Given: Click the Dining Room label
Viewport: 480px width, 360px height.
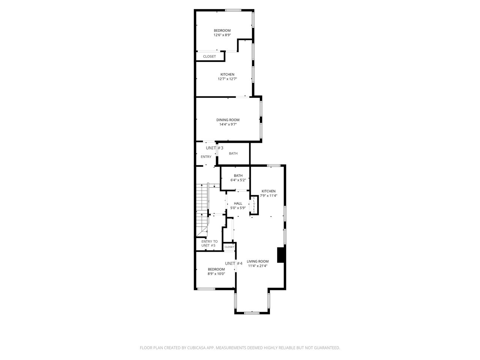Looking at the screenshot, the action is pyautogui.click(x=228, y=120).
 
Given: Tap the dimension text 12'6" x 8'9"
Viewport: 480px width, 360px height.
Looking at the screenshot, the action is pyautogui.click(x=222, y=35).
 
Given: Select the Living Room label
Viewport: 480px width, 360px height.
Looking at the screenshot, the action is pyautogui.click(x=258, y=261).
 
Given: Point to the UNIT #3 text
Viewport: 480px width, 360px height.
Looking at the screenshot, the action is pyautogui.click(x=214, y=148).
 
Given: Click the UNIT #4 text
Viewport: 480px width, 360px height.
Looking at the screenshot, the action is pyautogui.click(x=234, y=263).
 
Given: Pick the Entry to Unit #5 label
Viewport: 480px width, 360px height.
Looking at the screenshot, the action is pyautogui.click(x=209, y=243).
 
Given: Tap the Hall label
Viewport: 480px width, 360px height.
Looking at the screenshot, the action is pyautogui.click(x=238, y=204).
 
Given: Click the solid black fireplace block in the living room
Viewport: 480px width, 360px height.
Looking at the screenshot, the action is pyautogui.click(x=280, y=255).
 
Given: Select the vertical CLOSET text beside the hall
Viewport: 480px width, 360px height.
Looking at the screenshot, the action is pyautogui.click(x=254, y=205).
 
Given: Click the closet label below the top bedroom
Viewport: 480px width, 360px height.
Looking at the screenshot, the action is pyautogui.click(x=209, y=56).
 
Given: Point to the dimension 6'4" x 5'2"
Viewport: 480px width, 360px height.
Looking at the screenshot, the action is pyautogui.click(x=238, y=180).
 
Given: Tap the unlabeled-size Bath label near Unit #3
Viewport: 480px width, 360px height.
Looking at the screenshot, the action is pyautogui.click(x=233, y=153).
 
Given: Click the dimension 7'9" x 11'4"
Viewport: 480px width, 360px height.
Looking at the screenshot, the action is pyautogui.click(x=268, y=196).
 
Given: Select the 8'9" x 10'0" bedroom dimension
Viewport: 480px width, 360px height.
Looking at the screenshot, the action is pyautogui.click(x=216, y=274).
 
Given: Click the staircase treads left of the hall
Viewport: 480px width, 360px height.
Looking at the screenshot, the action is pyautogui.click(x=202, y=210).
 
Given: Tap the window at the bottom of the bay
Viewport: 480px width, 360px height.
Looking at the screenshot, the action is pyautogui.click(x=252, y=313).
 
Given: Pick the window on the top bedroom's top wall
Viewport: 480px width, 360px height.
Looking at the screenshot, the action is pyautogui.click(x=233, y=10).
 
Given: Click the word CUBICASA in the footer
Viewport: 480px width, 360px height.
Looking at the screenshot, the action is pyautogui.click(x=196, y=348).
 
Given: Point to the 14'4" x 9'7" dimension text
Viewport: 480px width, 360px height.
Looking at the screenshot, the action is pyautogui.click(x=228, y=124).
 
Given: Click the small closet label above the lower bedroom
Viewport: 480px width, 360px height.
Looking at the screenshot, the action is pyautogui.click(x=229, y=247).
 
